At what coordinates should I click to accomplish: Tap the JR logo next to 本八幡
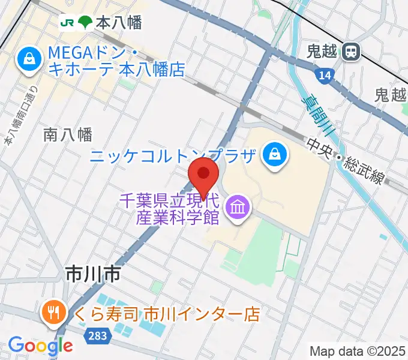66,23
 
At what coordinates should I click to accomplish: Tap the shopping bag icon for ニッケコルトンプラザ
276,157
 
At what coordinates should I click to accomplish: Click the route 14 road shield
324,75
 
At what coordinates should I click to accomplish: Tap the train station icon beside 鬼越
350,52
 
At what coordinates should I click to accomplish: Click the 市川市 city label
93,275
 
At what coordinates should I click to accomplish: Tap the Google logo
40,345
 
